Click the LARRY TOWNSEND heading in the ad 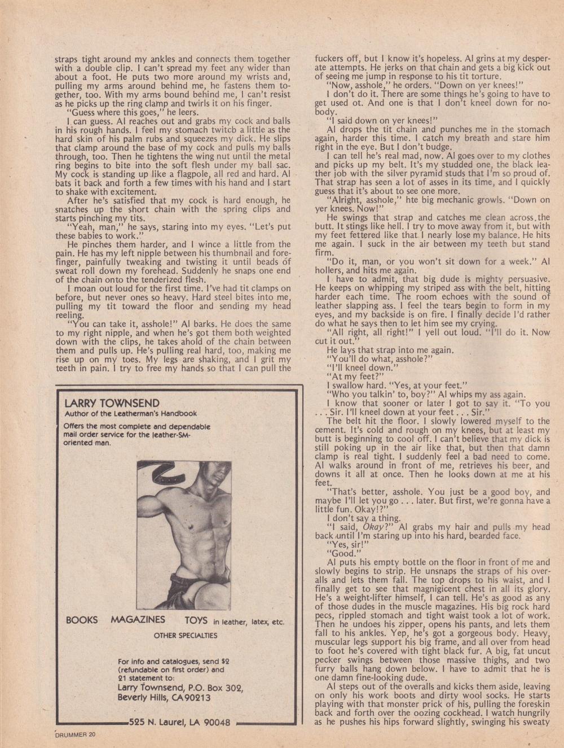[x=112, y=403]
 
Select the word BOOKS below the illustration [x=82, y=620]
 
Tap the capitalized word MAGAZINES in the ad [x=138, y=619]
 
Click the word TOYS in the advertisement [x=197, y=620]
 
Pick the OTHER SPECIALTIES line [x=186, y=635]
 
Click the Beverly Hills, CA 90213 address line [x=164, y=697]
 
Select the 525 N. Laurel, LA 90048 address [x=179, y=722]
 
